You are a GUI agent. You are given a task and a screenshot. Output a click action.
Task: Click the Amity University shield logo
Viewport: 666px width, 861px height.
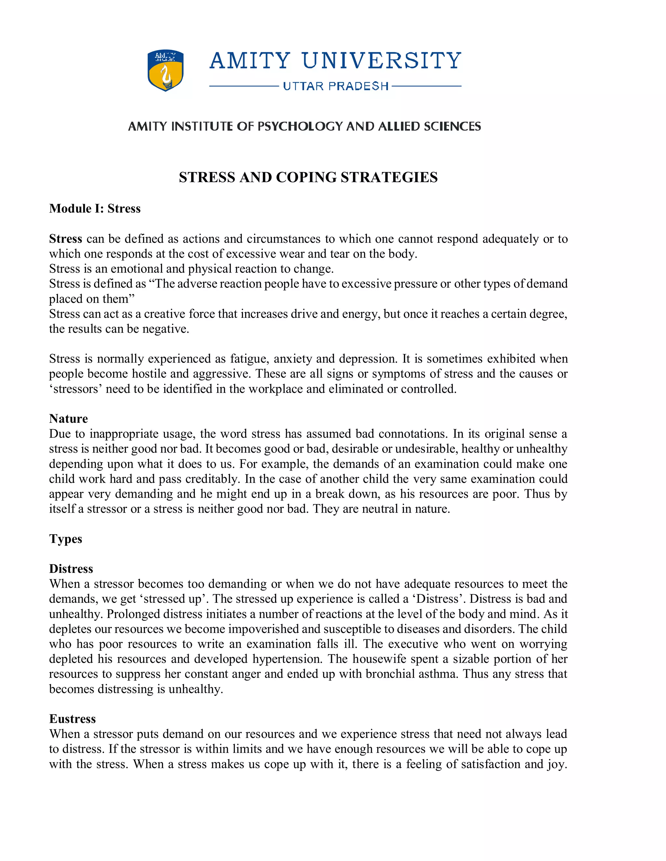click(165, 71)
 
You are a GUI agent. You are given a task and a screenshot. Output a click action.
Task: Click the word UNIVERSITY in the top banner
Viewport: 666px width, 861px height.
click(381, 61)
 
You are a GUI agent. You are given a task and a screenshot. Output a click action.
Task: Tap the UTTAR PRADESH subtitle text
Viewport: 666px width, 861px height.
click(336, 86)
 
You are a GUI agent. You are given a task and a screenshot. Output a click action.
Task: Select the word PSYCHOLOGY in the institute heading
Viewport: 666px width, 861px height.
click(300, 126)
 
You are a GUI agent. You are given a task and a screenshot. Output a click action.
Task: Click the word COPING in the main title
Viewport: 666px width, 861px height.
click(306, 177)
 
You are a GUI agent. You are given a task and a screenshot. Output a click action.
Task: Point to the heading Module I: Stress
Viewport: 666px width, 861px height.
click(95, 209)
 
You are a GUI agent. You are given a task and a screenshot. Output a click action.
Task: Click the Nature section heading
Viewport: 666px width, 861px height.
click(68, 419)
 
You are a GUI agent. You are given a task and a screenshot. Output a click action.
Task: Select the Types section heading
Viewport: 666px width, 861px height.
click(65, 539)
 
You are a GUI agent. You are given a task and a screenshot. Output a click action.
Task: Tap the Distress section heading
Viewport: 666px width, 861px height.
click(71, 569)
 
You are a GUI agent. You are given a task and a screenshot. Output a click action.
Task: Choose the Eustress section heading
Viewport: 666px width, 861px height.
click(72, 719)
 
